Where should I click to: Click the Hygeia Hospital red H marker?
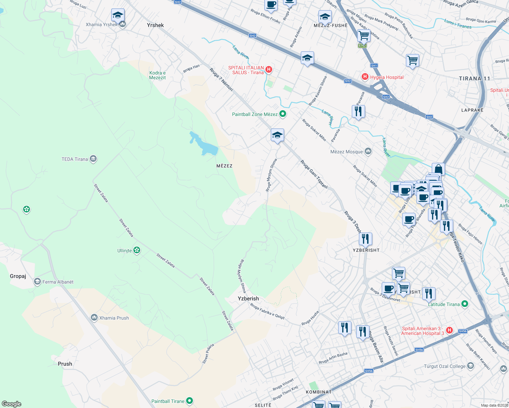point(365,77)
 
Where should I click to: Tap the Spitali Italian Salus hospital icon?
point(269,70)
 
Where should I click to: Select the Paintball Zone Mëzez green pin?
point(283,114)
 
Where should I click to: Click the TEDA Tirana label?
point(75,159)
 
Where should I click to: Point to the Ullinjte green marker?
point(137,251)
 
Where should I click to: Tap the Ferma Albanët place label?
point(58,282)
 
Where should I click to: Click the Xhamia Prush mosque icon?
point(94,318)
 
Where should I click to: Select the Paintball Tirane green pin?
point(190,401)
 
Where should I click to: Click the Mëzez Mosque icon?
point(368,151)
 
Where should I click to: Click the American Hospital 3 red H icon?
point(449,330)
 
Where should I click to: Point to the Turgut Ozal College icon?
point(471,366)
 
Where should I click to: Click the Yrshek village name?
point(155,25)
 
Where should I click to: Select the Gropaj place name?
point(18,276)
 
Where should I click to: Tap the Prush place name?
point(65,364)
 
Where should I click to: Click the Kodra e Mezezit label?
point(158,75)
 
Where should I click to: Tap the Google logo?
point(12,404)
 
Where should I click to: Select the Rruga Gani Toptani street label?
point(314,174)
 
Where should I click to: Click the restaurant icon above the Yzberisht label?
point(365,239)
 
